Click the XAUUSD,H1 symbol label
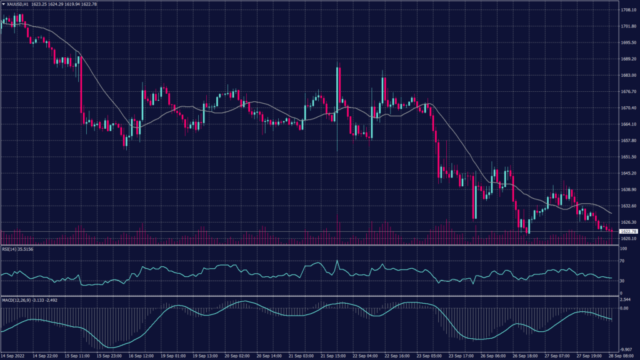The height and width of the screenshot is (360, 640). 22,4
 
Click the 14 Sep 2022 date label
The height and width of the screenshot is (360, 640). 14,356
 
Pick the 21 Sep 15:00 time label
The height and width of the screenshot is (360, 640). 336,356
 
